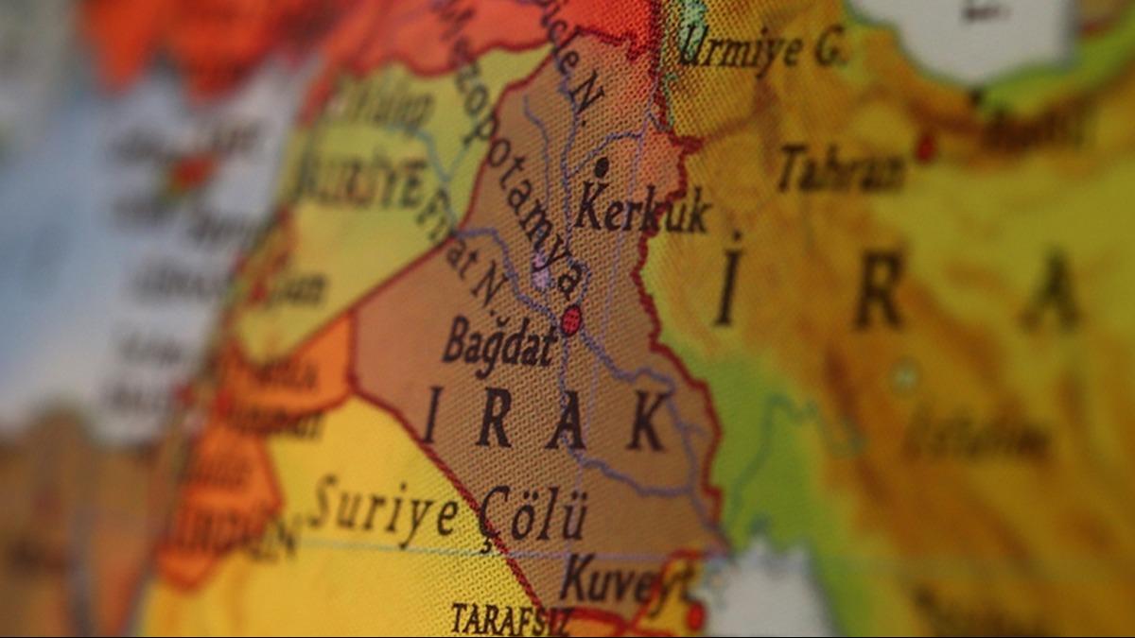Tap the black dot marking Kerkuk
(x=601, y=167)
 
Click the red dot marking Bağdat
(x=570, y=320)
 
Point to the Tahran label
(x=841, y=170)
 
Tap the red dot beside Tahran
(x=925, y=147)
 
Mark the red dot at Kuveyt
(x=695, y=616)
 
